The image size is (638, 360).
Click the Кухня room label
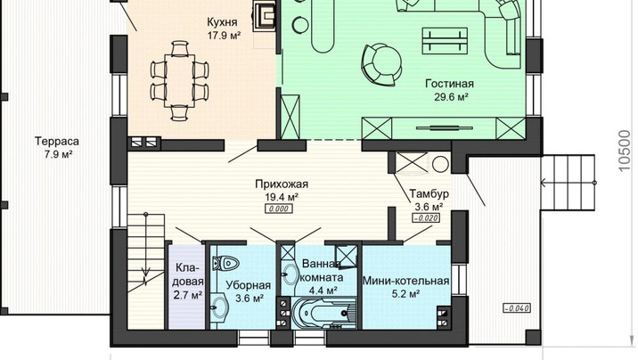[x=222, y=21]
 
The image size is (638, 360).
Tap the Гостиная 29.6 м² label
[x=449, y=90]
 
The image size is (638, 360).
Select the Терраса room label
[x=57, y=142]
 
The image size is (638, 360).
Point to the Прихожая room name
[x=282, y=184]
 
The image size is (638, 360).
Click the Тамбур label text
[x=429, y=192]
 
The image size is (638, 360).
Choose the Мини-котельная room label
[x=405, y=281]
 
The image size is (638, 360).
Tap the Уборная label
[x=249, y=285]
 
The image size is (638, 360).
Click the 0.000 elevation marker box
[x=279, y=209]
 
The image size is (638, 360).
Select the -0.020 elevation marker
[x=426, y=218]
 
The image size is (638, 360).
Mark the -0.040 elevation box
[x=517, y=308]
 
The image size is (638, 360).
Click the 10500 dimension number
[x=624, y=151]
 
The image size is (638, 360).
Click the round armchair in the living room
[x=381, y=65]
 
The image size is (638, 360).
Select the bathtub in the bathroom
[x=323, y=313]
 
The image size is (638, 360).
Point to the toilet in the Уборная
[x=225, y=263]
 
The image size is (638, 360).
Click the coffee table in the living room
[x=445, y=40]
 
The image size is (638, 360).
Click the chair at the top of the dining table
[x=179, y=48]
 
